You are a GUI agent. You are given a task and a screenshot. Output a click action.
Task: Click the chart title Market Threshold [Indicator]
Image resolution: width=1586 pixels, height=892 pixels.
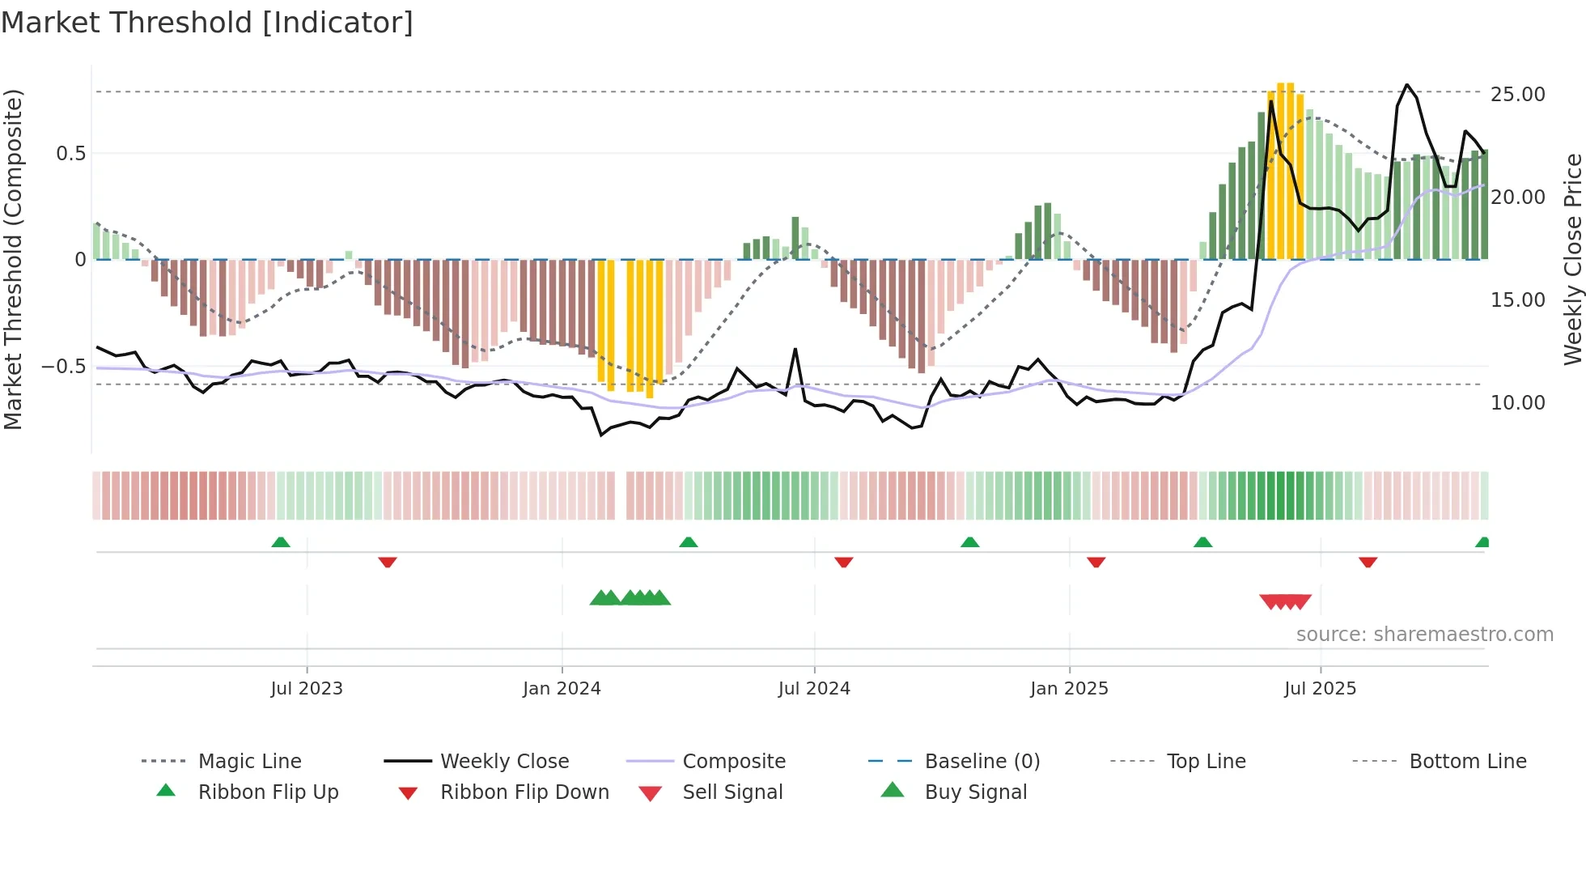tap(207, 23)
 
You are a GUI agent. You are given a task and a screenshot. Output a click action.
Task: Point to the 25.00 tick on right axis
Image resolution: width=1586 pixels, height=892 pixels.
tap(1517, 94)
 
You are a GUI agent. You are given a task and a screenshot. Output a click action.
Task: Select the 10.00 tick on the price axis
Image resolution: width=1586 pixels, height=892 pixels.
tap(1517, 402)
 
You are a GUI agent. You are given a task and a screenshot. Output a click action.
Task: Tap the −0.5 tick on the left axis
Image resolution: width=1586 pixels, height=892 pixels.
tap(63, 367)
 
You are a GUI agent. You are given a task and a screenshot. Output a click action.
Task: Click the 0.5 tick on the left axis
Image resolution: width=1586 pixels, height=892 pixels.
tap(70, 153)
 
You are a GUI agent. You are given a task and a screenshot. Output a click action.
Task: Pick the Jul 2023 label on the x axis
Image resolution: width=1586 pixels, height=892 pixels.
tap(307, 689)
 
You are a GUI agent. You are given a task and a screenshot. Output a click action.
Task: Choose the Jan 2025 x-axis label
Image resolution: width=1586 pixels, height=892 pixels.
tap(1069, 689)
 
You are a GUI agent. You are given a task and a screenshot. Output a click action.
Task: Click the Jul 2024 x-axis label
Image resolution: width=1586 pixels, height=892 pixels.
tap(814, 689)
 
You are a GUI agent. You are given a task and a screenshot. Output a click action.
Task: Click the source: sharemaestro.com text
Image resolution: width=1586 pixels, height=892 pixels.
tap(1424, 635)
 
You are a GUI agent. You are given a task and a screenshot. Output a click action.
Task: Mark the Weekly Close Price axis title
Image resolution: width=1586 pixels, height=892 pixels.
tap(1572, 259)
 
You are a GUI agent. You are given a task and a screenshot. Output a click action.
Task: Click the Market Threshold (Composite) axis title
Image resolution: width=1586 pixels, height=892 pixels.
tap(13, 259)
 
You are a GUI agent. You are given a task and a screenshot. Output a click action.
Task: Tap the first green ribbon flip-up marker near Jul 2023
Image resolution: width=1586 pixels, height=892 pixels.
tap(281, 542)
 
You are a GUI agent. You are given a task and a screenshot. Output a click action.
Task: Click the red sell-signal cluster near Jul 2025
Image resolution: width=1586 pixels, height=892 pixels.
tap(1285, 601)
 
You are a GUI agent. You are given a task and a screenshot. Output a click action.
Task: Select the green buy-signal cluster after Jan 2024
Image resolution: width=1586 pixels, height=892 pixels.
tap(630, 598)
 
